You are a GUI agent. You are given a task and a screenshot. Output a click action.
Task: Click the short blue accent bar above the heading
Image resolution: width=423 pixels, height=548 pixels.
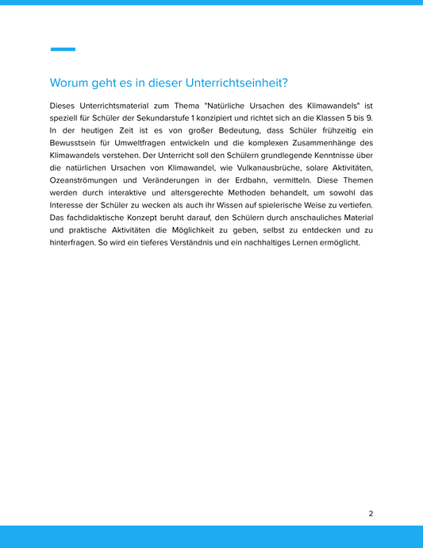(63, 49)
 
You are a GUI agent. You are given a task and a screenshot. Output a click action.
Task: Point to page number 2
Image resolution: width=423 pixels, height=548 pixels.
(371, 513)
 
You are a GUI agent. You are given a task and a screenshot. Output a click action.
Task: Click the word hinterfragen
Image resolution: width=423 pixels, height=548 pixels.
(74, 242)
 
